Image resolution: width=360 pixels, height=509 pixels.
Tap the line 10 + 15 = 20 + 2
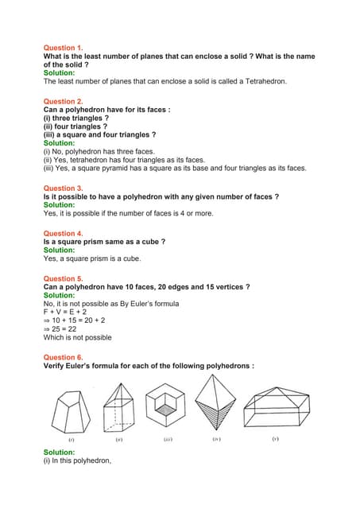[x=79, y=321]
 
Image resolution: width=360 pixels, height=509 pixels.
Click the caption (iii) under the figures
[x=168, y=439]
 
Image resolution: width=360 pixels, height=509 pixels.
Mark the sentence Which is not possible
[x=77, y=337]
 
